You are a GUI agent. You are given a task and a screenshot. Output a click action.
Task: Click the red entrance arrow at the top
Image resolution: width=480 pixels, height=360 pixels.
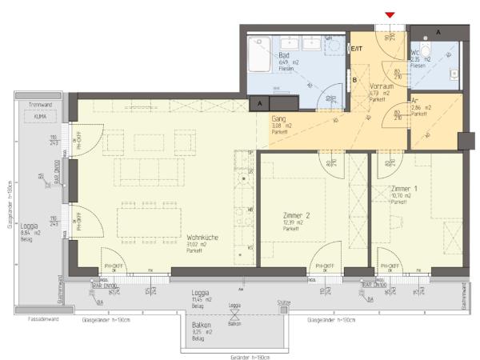tap(390, 15)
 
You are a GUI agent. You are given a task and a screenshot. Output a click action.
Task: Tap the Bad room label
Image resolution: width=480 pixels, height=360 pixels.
tap(284, 54)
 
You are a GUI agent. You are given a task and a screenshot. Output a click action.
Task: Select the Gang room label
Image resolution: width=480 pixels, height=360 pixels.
tap(278, 118)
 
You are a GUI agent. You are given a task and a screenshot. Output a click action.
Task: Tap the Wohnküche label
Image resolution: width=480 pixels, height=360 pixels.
tap(202, 237)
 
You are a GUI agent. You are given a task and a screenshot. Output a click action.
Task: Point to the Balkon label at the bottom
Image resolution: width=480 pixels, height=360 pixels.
tap(201, 326)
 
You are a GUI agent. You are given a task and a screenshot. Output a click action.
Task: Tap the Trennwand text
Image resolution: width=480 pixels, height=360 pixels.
tap(40, 105)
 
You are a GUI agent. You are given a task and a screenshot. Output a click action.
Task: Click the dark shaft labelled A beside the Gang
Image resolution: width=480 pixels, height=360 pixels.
tap(259, 102)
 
